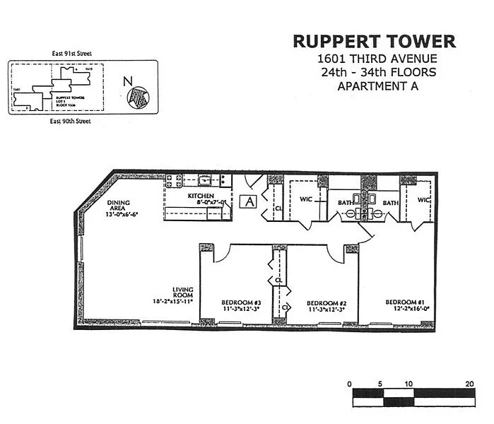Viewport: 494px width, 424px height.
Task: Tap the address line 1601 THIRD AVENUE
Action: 378,59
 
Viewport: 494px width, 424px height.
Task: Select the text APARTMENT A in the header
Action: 378,87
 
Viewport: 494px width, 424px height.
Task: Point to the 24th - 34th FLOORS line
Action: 378,72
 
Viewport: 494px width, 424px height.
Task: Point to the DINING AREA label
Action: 119,206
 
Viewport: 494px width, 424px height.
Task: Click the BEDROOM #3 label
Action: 240,302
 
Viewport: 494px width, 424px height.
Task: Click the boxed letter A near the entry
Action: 249,201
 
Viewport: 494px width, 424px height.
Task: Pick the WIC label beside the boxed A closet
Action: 306,199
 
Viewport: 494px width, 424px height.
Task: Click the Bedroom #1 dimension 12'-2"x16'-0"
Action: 402,309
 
